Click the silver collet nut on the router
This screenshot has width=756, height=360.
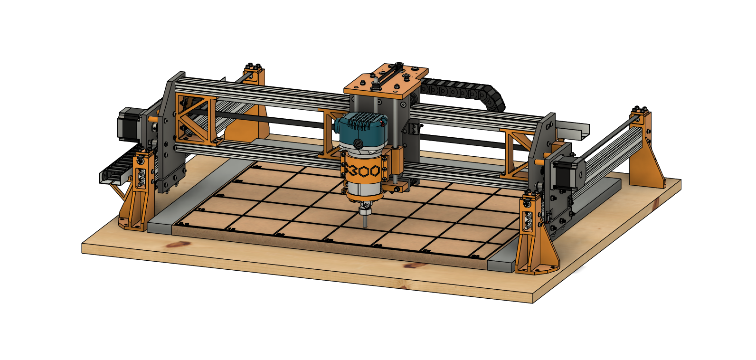click(x=365, y=210)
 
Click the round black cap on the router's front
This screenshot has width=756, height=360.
click(x=359, y=144)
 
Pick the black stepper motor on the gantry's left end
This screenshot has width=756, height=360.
click(x=129, y=124)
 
